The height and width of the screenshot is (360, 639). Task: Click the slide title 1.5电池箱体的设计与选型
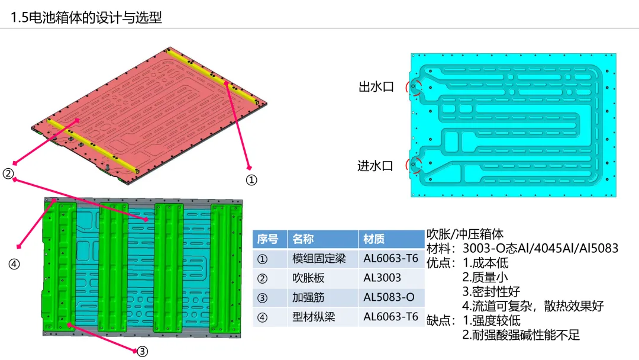86,17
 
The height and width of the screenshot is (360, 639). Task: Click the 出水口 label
376,87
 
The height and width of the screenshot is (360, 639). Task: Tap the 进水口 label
376,166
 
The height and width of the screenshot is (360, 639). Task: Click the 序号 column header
267,239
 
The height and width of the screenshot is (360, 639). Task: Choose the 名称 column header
303,239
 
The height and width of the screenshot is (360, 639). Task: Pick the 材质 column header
374,239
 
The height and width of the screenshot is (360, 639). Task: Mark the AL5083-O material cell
389,297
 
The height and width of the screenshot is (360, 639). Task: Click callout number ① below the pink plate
251,180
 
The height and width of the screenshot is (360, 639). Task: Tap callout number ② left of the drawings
8,173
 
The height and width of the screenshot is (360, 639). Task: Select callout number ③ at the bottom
142,351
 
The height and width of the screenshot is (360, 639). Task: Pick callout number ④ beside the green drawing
14,264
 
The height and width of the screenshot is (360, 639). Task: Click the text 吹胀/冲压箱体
465,234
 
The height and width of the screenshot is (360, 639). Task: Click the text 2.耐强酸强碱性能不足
521,335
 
